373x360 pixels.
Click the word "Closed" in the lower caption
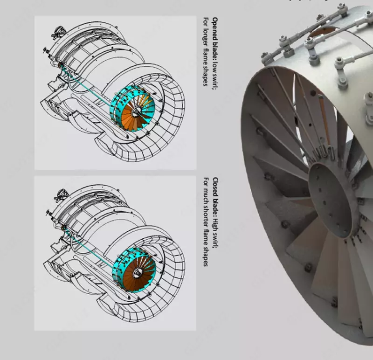tap(215, 187)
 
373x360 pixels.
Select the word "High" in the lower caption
tap(215, 224)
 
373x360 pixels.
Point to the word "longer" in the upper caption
tap(206, 38)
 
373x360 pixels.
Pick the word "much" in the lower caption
tap(206, 194)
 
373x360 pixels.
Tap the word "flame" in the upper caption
tap(206, 56)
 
